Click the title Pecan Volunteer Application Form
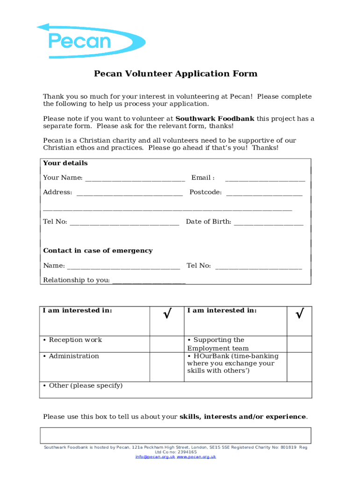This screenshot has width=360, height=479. click(176, 74)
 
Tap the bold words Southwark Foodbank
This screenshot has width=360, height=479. click(215, 119)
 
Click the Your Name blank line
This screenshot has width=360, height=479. click(135, 178)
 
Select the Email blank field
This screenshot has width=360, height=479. click(265, 178)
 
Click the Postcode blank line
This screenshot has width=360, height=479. click(264, 193)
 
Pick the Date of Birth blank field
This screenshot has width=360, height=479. click(268, 222)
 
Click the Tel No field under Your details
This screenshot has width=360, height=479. click(124, 222)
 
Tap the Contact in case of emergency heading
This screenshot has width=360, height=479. click(98, 251)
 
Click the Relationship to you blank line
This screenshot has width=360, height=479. click(149, 281)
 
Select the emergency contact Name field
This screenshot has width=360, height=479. click(123, 266)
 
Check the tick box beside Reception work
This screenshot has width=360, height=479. click(166, 344)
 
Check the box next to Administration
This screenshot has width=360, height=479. click(166, 367)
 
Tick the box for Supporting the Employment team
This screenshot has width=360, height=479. click(299, 344)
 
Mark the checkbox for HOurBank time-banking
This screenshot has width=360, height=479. click(299, 367)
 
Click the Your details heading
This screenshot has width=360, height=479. click(65, 163)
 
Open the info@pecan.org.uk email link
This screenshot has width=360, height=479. click(155, 457)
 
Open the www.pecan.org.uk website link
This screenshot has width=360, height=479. click(196, 457)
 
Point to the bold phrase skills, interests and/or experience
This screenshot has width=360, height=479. click(243, 417)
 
